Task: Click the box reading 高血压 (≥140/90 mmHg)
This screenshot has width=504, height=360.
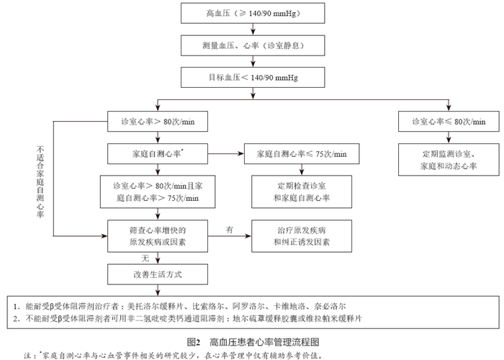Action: [250, 14]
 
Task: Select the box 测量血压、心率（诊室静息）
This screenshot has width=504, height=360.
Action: [250, 45]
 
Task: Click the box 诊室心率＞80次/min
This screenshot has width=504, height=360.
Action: [158, 122]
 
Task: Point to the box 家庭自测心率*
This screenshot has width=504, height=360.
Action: [158, 154]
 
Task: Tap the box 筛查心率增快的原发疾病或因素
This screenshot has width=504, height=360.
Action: [158, 236]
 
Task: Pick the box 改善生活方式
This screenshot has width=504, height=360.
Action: [158, 274]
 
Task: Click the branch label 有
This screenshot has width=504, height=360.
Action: [230, 228]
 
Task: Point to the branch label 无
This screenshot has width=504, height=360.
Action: [145, 257]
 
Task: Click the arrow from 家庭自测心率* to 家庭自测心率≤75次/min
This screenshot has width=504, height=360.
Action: [227, 154]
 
